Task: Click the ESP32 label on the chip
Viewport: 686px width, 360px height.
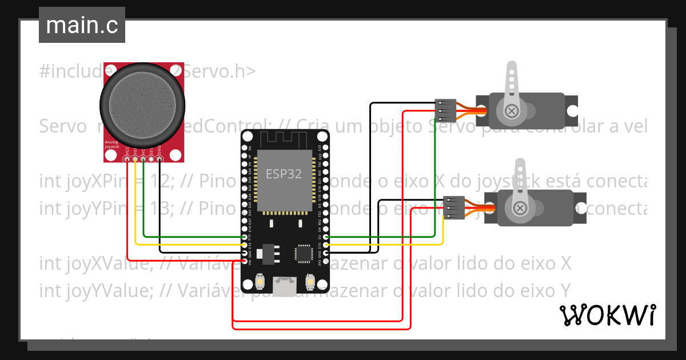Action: coord(284,174)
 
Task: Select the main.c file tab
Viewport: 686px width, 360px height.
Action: coord(82,26)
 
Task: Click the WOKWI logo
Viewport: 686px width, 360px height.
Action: coord(607,315)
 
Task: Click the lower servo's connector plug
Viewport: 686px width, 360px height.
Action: coord(453,207)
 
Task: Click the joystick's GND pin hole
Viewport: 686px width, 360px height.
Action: coord(159,159)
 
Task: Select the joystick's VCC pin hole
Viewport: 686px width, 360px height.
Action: coord(127,159)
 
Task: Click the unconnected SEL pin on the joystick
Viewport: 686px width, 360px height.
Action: coord(151,159)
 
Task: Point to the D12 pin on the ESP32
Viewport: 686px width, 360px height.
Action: coord(245,237)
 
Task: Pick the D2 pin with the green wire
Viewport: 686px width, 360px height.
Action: coord(326,237)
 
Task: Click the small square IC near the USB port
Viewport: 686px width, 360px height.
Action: coord(302,253)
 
